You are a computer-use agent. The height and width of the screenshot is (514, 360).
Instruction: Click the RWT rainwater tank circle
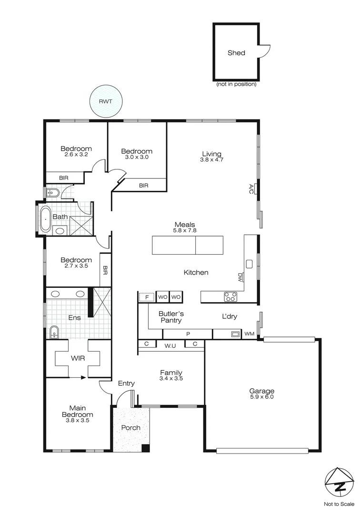(107, 101)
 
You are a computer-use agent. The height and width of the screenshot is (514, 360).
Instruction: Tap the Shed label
(236, 53)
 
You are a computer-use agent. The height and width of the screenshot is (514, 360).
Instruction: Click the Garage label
(262, 391)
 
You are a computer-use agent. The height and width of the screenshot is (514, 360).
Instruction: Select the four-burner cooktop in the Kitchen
(231, 297)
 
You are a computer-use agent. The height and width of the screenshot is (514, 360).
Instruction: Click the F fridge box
(147, 297)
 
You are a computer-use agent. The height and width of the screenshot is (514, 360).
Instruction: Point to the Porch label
(130, 427)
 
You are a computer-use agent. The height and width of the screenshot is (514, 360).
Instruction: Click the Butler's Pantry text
(170, 317)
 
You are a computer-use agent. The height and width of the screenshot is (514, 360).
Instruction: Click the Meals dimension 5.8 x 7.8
(185, 230)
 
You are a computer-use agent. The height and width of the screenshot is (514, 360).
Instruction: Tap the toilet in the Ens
(54, 332)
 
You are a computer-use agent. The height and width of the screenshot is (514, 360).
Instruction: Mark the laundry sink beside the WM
(234, 334)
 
